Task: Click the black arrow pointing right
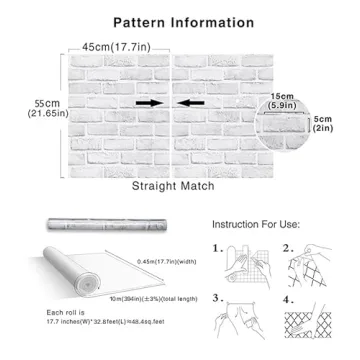tap(147, 102)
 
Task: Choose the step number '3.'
tap(218, 298)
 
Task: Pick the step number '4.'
tap(288, 298)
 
